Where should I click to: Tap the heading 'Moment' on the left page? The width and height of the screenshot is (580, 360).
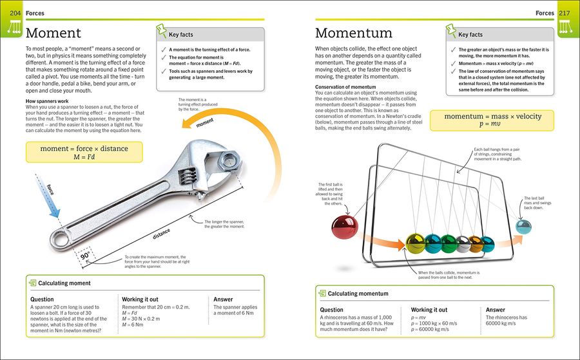click(x=53, y=33)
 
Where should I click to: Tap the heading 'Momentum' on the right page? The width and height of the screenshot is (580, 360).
click(x=353, y=33)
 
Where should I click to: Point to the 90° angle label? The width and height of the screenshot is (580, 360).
click(x=84, y=255)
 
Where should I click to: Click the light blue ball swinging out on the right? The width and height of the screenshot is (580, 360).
click(x=524, y=227)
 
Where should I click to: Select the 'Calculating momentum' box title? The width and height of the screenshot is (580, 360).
click(x=358, y=294)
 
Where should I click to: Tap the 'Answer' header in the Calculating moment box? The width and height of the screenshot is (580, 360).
click(x=224, y=299)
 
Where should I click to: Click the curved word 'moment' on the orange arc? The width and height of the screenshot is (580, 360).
click(x=206, y=120)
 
